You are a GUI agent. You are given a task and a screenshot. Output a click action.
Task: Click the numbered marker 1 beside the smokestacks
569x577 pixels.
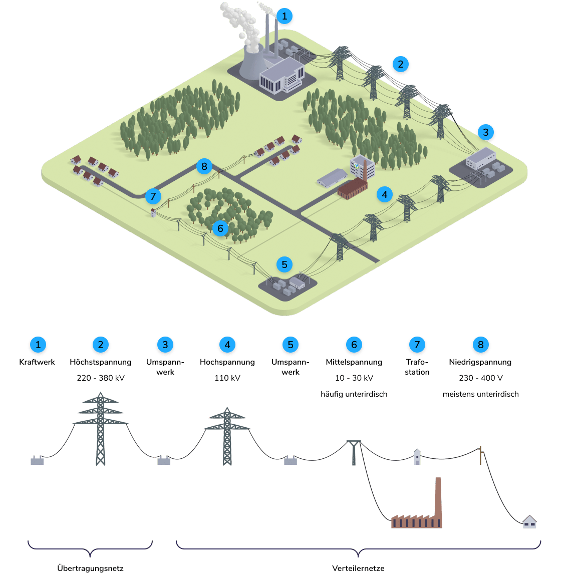[x=284, y=16]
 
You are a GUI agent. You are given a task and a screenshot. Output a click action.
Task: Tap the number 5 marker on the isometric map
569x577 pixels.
[x=284, y=264]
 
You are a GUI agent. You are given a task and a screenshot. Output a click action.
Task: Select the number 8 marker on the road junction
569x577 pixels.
[x=204, y=166]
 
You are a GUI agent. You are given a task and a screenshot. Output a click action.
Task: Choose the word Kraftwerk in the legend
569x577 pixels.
[x=37, y=362]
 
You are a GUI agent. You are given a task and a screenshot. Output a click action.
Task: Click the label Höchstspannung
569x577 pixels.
[x=101, y=362]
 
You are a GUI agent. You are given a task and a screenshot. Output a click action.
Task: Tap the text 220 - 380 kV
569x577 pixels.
[x=101, y=378]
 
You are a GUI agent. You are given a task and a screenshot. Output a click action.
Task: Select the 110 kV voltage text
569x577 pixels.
[x=227, y=378]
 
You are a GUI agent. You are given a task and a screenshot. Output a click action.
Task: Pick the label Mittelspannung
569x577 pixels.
[x=354, y=362]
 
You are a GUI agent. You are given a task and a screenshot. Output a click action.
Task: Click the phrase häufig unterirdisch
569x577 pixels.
[x=354, y=394]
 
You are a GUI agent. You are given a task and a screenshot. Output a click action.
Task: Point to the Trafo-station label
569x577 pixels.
[x=417, y=367]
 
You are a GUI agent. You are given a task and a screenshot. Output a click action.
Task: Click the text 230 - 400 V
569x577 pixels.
[x=481, y=378]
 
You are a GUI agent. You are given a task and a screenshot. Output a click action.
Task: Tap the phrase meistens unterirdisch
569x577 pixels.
[x=481, y=394]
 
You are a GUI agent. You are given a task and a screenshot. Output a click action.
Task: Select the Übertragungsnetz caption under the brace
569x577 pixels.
[x=91, y=568]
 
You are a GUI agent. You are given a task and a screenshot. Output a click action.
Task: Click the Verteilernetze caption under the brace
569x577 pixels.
[x=358, y=568]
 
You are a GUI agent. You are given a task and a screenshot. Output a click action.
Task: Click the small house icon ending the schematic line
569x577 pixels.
[x=529, y=522]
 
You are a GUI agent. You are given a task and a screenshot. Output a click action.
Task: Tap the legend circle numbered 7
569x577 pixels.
[x=417, y=345]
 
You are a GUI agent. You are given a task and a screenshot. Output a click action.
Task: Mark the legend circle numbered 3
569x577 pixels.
[x=165, y=345]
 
